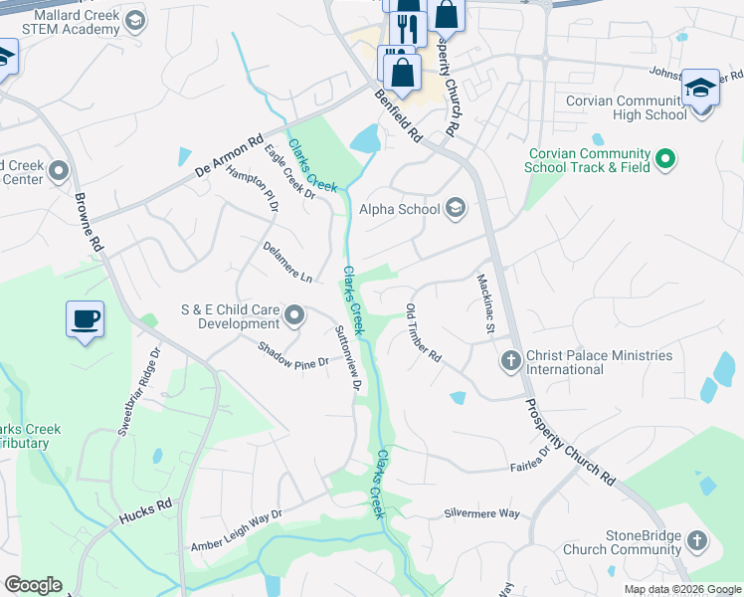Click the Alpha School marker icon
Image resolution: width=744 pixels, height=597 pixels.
[x=456, y=207]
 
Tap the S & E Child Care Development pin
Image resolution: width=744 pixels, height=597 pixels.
[x=294, y=316]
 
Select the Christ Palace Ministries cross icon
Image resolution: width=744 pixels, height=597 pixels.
[x=510, y=362]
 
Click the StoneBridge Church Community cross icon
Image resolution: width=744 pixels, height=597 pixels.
[x=696, y=541]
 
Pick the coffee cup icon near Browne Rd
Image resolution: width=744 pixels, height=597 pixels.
[x=86, y=319]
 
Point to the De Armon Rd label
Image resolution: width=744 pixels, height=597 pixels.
[x=229, y=156]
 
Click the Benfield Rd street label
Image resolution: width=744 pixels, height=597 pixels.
[x=399, y=114]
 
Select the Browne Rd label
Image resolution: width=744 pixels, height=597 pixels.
[x=90, y=222]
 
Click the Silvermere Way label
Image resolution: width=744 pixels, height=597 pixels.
[x=481, y=513]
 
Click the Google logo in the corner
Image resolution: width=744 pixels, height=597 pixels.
[x=33, y=585]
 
